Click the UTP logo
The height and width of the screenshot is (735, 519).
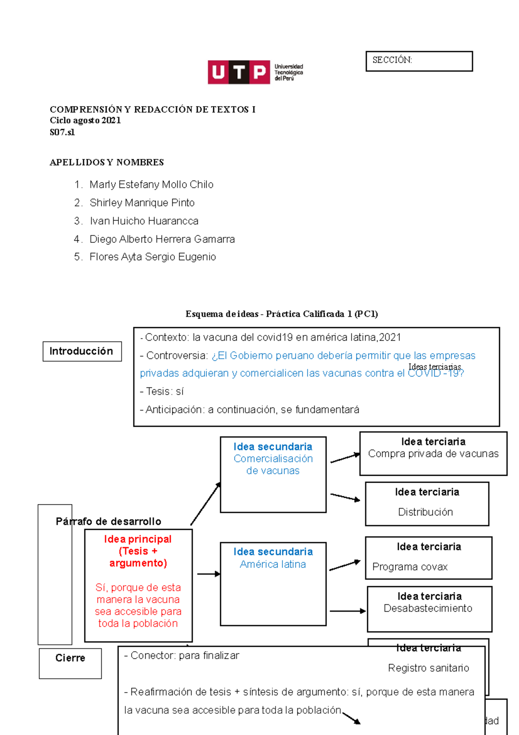255,72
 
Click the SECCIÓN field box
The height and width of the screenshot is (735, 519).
419,61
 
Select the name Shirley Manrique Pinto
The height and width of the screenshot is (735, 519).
142,203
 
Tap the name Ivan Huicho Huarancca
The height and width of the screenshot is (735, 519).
144,221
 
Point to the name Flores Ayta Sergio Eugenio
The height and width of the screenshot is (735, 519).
153,257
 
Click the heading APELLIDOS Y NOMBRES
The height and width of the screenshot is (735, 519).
106,162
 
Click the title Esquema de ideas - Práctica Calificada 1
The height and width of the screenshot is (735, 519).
282,314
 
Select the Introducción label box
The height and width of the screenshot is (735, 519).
82,351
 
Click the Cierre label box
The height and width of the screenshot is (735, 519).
70,663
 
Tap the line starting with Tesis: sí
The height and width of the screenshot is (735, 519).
162,391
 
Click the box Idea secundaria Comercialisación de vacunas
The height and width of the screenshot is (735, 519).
273,474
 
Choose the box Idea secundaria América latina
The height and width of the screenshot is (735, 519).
273,583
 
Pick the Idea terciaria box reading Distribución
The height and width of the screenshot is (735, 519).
426,503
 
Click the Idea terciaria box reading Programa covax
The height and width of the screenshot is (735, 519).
428,558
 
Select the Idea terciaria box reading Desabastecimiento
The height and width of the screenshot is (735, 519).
429,608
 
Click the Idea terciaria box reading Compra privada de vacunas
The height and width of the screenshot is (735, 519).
433,453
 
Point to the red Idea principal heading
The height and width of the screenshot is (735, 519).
138,551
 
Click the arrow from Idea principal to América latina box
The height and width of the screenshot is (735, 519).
208,574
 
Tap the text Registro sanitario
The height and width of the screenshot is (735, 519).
428,668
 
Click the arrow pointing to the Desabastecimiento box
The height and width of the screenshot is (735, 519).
347,611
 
